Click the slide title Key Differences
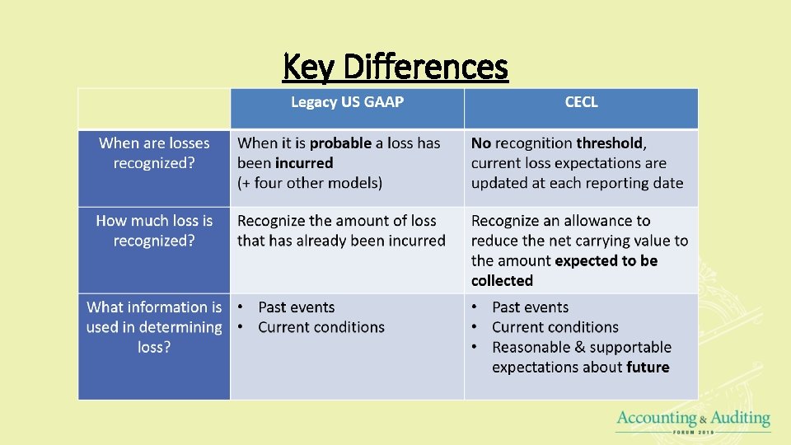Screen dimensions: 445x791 [395, 67]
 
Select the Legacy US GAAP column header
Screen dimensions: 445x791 [347, 102]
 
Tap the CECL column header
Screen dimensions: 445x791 [581, 102]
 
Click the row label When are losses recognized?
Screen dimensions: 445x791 [154, 153]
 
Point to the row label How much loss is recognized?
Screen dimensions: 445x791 [154, 231]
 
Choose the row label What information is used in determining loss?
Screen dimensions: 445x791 [154, 327]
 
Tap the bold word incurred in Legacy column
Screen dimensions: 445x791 [304, 163]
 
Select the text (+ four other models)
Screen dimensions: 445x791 [310, 183]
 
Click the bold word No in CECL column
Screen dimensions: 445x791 [480, 143]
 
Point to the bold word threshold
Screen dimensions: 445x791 [611, 143]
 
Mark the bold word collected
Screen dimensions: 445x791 [502, 281]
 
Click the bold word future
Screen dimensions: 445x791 [648, 368]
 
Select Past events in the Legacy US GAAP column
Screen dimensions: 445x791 [296, 307]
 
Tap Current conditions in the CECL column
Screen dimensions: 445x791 [555, 327]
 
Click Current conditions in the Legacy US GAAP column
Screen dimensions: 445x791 [321, 327]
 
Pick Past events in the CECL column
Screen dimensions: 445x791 [530, 307]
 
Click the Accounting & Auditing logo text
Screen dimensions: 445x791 [693, 419]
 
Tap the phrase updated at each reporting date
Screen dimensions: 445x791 [577, 183]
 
